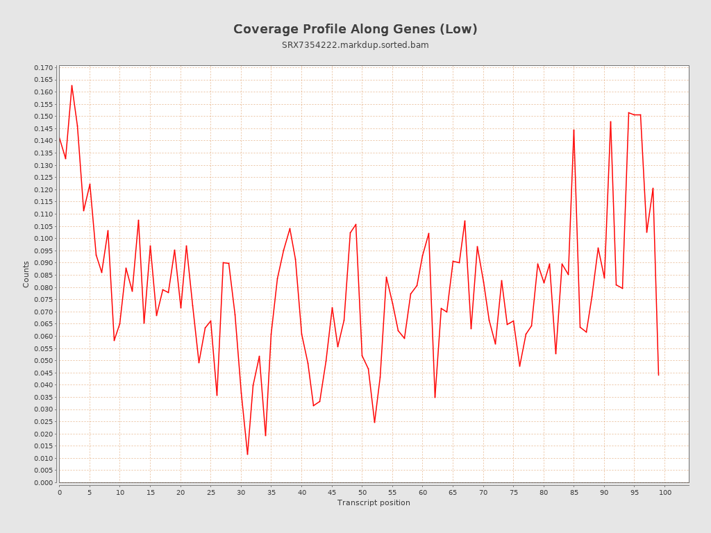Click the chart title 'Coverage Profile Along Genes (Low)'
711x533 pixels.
click(355, 29)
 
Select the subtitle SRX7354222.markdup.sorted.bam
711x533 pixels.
click(355, 45)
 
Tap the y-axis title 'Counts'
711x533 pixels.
click(26, 274)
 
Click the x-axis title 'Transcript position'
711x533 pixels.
click(374, 502)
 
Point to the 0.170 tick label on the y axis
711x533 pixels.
click(43, 68)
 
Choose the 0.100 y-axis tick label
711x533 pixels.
click(43, 239)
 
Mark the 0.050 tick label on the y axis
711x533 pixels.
click(43, 361)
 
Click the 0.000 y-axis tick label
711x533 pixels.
click(43, 482)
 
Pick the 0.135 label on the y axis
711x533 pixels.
click(43, 153)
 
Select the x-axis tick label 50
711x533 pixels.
click(362, 493)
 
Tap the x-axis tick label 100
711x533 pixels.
click(665, 493)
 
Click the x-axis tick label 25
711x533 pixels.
click(210, 493)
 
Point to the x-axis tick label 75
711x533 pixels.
click(514, 493)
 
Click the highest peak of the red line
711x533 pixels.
click(72, 85)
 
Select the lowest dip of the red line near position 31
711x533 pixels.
click(247, 455)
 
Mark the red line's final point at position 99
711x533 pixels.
click(659, 375)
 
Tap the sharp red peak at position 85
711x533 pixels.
click(574, 130)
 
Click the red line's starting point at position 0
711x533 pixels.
click(60, 138)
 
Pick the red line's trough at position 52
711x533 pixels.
click(374, 423)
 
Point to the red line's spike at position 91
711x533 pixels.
click(610, 121)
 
